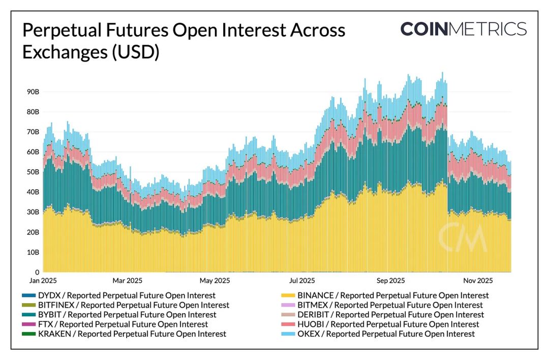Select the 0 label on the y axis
[x=37, y=272]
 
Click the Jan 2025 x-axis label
[x=42, y=281]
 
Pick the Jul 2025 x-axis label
[x=301, y=281]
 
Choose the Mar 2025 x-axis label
[x=127, y=281]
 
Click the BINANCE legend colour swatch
[x=288, y=295]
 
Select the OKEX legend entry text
[x=386, y=334]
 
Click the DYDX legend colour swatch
[x=28, y=295]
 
